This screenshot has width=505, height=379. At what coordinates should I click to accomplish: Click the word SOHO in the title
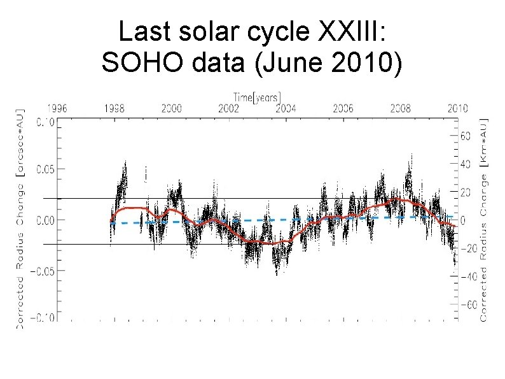(151, 62)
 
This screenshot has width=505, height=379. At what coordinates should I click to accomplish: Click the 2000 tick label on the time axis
(170, 108)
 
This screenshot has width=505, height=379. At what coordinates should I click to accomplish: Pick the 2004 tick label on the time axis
(286, 108)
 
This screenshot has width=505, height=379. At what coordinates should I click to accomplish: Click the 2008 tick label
(400, 108)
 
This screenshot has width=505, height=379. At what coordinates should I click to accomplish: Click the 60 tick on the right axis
(465, 136)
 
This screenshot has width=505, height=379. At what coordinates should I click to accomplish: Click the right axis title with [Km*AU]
(485, 220)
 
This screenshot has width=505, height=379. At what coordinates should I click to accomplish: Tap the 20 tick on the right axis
(465, 192)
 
